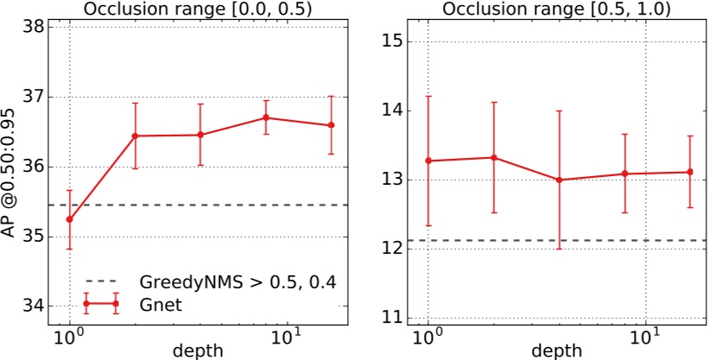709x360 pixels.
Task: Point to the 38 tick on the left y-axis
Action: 32,27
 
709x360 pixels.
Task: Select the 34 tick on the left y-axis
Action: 32,306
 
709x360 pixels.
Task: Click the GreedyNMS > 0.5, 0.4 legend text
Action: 237,281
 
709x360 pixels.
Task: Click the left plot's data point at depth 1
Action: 69,219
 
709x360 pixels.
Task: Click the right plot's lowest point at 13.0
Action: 559,180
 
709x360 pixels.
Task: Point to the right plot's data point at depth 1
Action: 428,161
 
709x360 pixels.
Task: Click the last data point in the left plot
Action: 331,125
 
